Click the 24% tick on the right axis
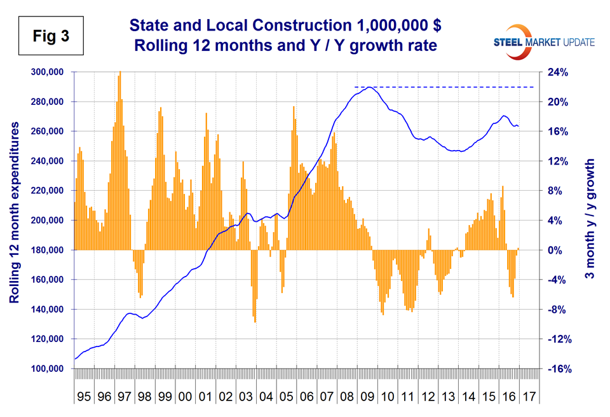[x=557, y=72]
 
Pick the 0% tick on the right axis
[x=554, y=250]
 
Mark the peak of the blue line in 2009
[x=369, y=87]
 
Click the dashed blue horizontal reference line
[x=445, y=86]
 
